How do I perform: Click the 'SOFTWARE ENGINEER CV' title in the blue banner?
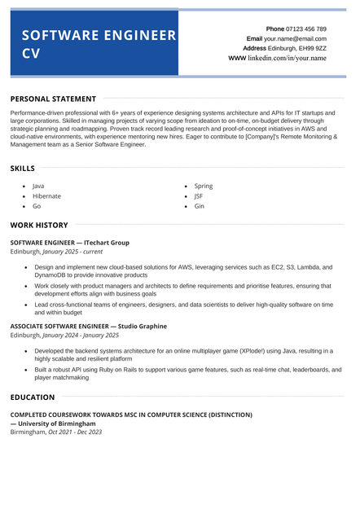tap(98, 45)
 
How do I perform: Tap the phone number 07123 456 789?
tap(306, 29)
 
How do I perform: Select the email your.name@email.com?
tap(296, 38)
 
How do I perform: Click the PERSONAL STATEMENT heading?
tap(53, 99)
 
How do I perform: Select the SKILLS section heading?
tap(23, 169)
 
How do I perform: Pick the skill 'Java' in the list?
tap(38, 186)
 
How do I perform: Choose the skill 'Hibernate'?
tap(46, 196)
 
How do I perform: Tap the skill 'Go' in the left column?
tap(37, 207)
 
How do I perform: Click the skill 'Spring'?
tap(204, 186)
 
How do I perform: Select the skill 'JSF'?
tap(199, 196)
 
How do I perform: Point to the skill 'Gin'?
tap(200, 207)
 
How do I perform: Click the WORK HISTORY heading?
tap(39, 225)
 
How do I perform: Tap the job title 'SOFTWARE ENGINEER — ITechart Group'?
tap(69, 243)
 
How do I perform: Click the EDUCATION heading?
tap(33, 397)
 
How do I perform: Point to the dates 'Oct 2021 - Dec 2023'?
tap(75, 432)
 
